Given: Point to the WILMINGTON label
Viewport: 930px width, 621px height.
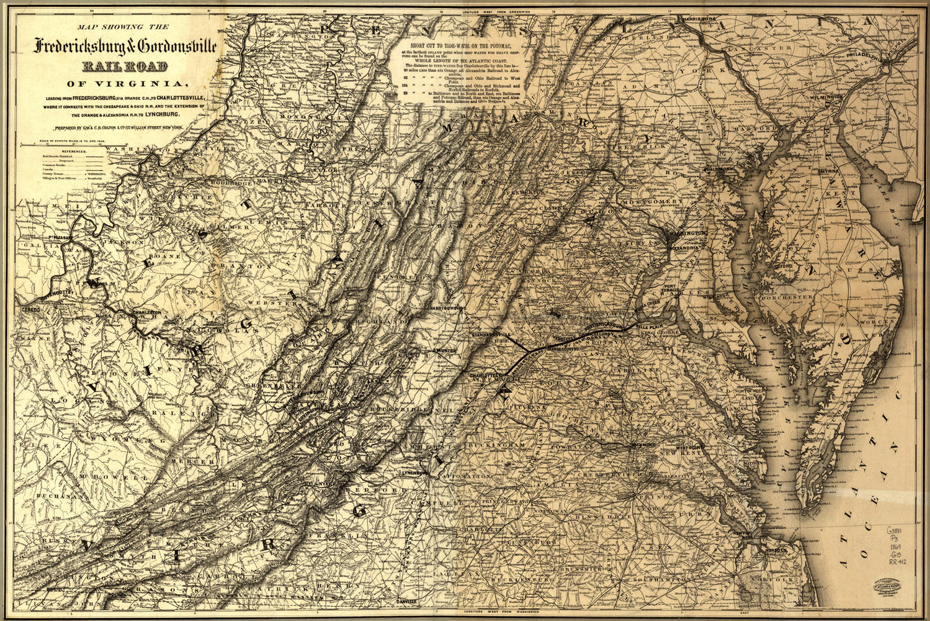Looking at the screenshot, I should (825, 98).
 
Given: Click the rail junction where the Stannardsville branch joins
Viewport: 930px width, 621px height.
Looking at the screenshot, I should (528, 352).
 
